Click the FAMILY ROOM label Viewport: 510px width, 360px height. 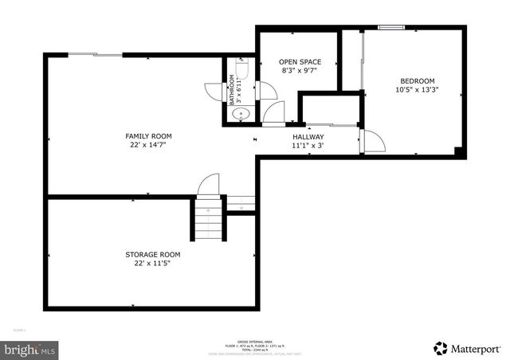[148, 136]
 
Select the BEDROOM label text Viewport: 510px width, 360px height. [417, 81]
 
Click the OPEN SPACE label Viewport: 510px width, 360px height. [300, 62]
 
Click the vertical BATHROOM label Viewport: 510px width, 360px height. [233, 89]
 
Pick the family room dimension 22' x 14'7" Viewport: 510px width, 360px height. [148, 145]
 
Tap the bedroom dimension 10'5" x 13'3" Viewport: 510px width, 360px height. [417, 90]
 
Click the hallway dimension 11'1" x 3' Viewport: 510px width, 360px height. [308, 146]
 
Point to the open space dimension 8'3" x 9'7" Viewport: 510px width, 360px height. [300, 71]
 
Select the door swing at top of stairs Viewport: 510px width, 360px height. [208, 185]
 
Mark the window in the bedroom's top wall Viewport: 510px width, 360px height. [390, 28]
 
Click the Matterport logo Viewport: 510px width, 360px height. [468, 348]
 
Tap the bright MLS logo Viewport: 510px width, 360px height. [30, 349]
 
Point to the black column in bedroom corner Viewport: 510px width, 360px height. [457, 151]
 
